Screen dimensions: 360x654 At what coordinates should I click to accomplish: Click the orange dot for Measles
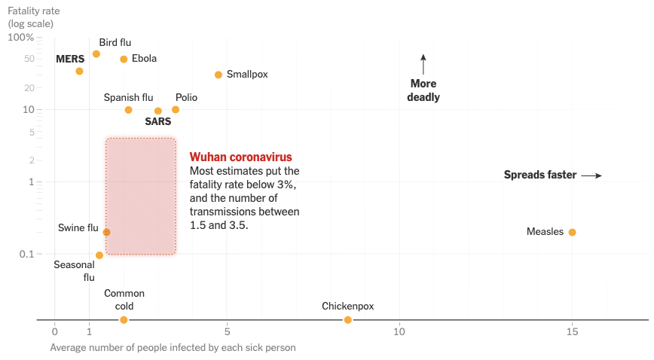tap(572, 232)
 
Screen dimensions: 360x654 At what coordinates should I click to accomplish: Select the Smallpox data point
tap(219, 75)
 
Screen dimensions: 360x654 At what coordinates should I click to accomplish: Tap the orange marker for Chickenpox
tap(347, 320)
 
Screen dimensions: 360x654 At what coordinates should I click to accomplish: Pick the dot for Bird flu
tap(96, 54)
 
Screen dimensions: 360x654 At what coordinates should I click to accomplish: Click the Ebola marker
tap(124, 59)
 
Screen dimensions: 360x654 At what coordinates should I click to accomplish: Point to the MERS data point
tap(79, 71)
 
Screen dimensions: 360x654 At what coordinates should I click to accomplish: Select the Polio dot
tap(176, 109)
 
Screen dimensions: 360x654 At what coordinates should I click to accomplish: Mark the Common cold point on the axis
tap(124, 320)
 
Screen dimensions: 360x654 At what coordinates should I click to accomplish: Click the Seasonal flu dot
tap(99, 255)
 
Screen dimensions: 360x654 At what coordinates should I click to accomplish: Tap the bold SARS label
tap(157, 121)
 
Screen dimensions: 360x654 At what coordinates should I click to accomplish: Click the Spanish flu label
tap(128, 97)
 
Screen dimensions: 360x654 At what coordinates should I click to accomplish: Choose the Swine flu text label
tap(78, 227)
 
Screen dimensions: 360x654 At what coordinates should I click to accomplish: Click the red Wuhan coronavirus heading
tap(240, 157)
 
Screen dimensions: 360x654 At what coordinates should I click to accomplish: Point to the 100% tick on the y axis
tap(20, 38)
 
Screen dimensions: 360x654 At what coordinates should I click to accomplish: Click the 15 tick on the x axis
tap(572, 331)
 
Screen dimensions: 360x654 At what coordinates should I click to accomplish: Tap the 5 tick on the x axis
tap(228, 331)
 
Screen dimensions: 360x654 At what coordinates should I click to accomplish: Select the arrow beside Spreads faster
tap(591, 175)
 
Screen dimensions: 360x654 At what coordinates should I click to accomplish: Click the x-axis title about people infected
tap(173, 348)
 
